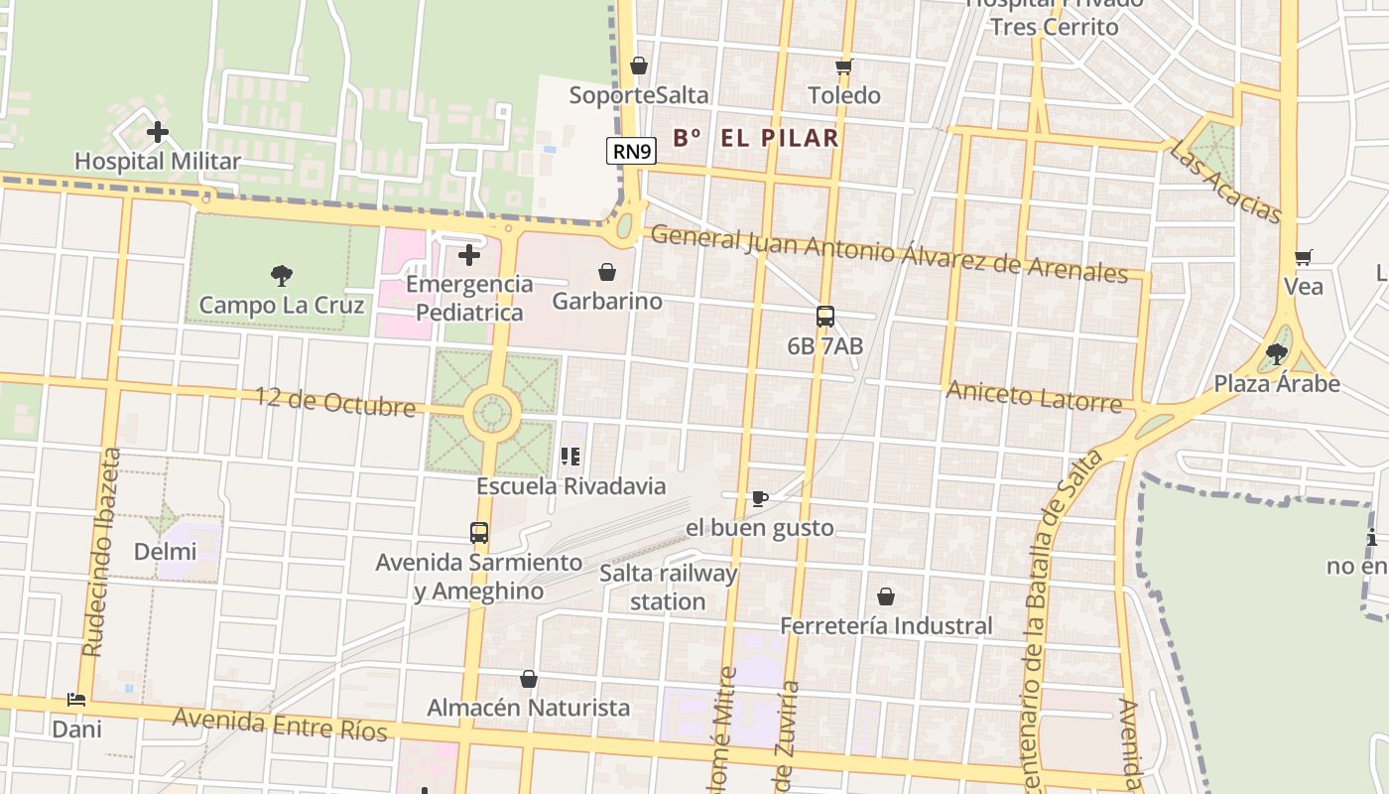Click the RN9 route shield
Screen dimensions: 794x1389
pyautogui.click(x=632, y=151)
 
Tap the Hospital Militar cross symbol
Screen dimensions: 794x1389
pyautogui.click(x=157, y=132)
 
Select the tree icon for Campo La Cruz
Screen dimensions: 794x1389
pyautogui.click(x=282, y=276)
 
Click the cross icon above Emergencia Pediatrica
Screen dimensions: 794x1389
pyautogui.click(x=469, y=255)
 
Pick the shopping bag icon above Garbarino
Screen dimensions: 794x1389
pyautogui.click(x=607, y=272)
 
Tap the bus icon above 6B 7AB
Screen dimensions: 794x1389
pyautogui.click(x=825, y=317)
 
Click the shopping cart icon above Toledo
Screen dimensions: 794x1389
pyautogui.click(x=844, y=66)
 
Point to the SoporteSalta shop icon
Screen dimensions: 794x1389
pyautogui.click(x=639, y=66)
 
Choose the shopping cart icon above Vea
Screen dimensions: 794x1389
pyautogui.click(x=1304, y=258)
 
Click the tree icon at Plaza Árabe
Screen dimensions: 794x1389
pyautogui.click(x=1277, y=354)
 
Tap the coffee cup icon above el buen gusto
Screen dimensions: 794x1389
pyautogui.click(x=760, y=498)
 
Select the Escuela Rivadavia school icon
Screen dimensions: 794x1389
pyautogui.click(x=570, y=457)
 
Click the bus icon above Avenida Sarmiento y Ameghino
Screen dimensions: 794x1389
pyautogui.click(x=479, y=533)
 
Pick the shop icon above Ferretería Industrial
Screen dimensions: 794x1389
pyautogui.click(x=886, y=596)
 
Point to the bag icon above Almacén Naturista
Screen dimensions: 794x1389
pyautogui.click(x=529, y=679)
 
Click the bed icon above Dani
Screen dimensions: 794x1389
pyautogui.click(x=76, y=700)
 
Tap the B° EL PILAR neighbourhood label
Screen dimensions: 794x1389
pyautogui.click(x=756, y=138)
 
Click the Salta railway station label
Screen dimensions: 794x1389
pyautogui.click(x=668, y=588)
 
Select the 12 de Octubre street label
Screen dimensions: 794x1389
pyautogui.click(x=335, y=402)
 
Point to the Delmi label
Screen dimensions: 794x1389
pyautogui.click(x=166, y=551)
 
